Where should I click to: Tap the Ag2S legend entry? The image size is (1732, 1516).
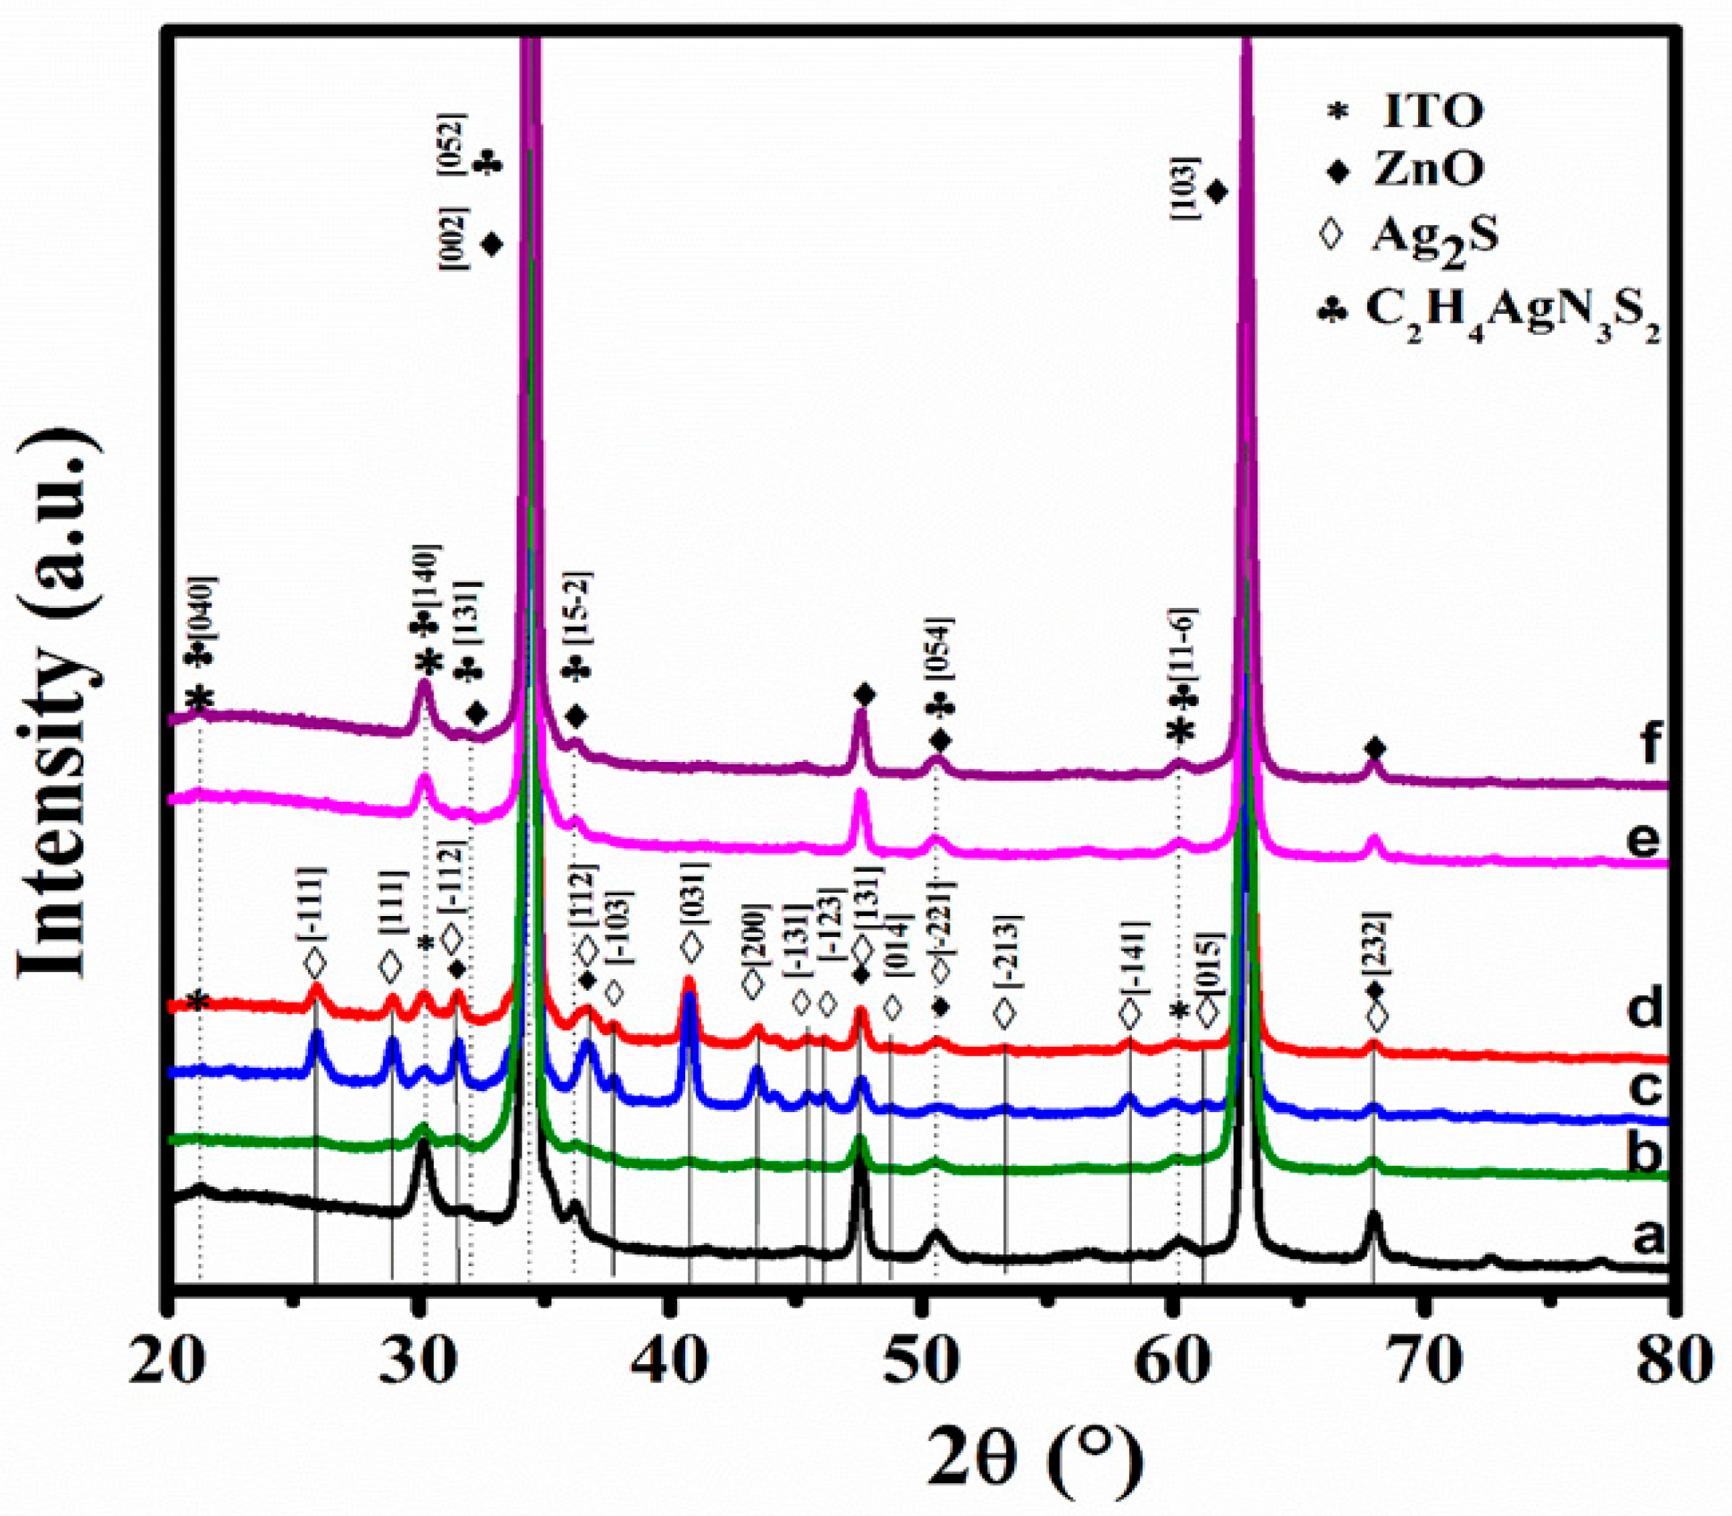(x=1430, y=238)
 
